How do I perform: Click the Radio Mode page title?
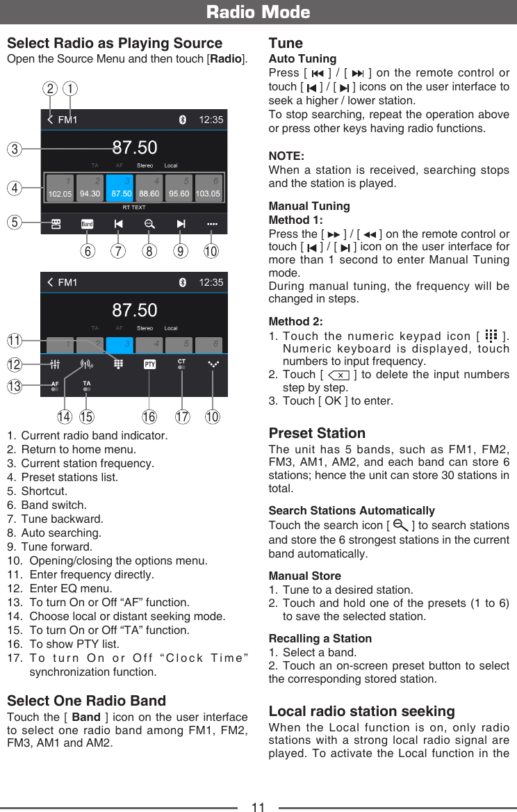(258, 12)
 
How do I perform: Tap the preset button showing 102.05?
(59, 188)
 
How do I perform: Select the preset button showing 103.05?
(208, 188)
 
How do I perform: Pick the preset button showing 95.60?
(179, 188)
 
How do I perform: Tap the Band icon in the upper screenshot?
(87, 224)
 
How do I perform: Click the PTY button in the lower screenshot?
(149, 364)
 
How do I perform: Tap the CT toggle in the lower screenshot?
(181, 364)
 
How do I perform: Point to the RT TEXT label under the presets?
(133, 207)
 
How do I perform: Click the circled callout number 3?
(15, 148)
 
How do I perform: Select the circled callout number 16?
(149, 417)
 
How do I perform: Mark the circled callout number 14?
(65, 417)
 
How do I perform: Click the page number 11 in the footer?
(258, 806)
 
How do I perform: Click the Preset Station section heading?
(317, 433)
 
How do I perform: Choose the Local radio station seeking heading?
(361, 711)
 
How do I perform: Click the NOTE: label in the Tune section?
(286, 156)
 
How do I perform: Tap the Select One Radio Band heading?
(86, 700)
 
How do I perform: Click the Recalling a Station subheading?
(320, 638)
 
